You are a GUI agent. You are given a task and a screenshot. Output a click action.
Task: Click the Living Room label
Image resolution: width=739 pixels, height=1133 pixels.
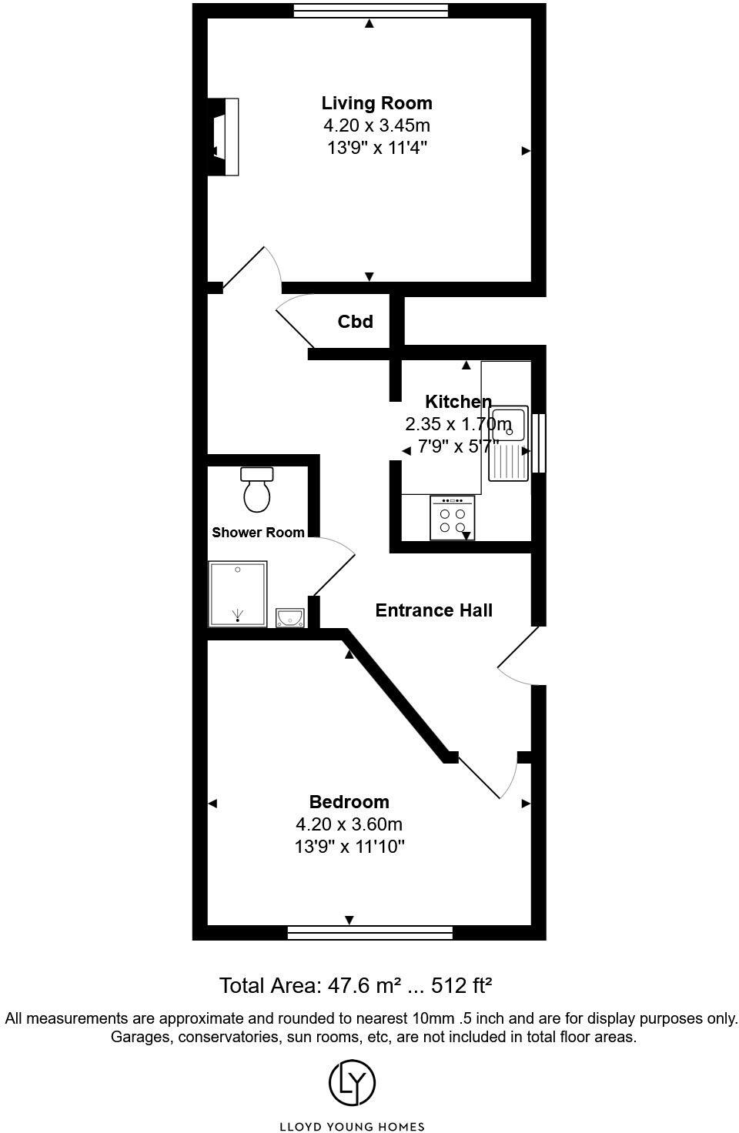pos(376,103)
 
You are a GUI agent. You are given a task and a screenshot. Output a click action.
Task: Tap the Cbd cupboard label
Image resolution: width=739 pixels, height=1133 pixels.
pos(355,322)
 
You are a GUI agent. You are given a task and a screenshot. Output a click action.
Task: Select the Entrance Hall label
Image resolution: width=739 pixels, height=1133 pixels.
pos(433,610)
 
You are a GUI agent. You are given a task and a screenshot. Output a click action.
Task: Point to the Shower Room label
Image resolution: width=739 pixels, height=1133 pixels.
pos(258,533)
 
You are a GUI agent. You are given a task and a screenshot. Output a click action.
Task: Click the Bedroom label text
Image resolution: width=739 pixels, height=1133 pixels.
pos(349,802)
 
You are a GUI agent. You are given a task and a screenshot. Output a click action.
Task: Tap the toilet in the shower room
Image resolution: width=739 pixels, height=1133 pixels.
pos(257,490)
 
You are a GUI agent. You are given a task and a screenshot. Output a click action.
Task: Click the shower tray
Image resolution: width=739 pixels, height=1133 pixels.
pos(238,593)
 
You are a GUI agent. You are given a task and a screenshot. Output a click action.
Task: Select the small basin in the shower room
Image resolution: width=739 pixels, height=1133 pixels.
pos(289,617)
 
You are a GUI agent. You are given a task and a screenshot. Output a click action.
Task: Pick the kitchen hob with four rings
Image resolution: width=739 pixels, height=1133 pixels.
pos(452,518)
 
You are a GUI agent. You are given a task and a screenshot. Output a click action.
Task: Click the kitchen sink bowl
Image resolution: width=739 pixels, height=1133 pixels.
pos(509,424)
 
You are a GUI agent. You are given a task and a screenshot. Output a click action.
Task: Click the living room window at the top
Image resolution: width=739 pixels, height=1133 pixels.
pos(370,10)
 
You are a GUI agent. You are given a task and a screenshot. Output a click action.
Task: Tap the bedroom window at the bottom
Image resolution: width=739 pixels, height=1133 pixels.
pos(369,933)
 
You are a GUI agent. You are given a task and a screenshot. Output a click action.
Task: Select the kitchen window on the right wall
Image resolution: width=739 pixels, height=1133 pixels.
pos(539,443)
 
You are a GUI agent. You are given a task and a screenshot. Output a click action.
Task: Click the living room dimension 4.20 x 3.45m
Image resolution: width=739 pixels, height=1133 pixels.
pos(376,125)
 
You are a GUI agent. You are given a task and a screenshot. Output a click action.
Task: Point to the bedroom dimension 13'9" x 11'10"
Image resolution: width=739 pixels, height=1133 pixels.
pos(349,847)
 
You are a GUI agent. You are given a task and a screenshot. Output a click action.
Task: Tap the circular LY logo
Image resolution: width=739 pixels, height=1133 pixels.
pos(352,1083)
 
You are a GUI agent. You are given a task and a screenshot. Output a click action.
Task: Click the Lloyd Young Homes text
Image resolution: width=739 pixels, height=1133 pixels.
pos(352,1127)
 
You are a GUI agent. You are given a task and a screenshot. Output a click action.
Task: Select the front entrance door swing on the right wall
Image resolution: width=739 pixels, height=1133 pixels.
pos(517,657)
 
